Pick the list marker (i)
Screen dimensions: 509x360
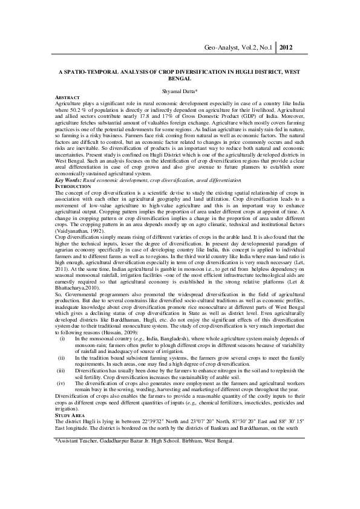[61, 340]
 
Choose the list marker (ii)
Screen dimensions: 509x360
[61, 358]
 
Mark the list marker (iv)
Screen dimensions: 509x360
[61, 383]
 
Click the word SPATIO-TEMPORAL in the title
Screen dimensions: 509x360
[100, 71]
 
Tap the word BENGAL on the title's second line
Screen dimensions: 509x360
[180, 79]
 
